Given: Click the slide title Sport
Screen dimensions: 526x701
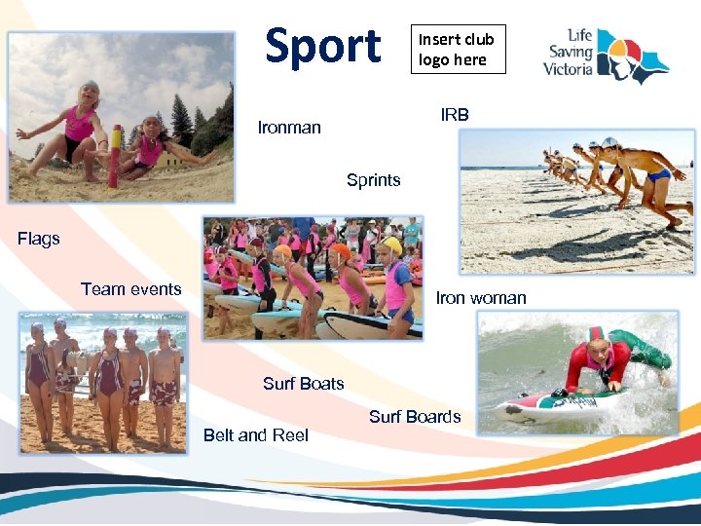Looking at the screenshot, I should point(323,46).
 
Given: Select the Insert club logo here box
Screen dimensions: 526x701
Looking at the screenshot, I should point(457,50).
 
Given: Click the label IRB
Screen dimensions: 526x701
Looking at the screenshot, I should point(455,115).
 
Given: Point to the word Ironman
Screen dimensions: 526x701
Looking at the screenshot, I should point(289,128).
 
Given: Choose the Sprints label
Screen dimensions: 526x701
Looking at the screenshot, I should point(373,180).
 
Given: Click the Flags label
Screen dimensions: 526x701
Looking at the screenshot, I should point(39,239).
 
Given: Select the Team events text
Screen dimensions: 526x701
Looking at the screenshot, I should point(130,289).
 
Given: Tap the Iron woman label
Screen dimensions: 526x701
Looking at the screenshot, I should point(481,298).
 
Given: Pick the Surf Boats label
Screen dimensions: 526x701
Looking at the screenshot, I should point(303,384).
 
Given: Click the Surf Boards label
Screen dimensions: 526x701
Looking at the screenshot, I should point(415,417).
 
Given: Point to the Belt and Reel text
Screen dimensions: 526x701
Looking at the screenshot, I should point(255,435).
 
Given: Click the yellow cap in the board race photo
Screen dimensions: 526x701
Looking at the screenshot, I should point(391,245).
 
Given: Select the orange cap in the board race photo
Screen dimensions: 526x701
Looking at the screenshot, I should point(340,251).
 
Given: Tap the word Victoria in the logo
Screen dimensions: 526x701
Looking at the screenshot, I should point(569,69).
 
